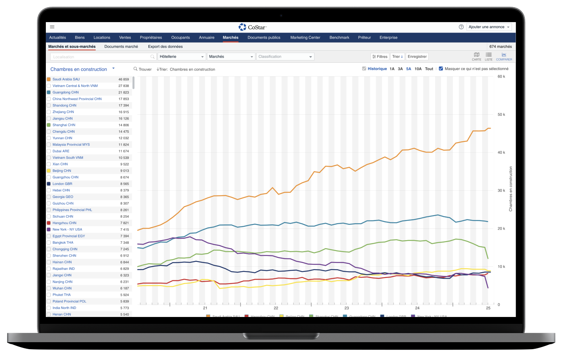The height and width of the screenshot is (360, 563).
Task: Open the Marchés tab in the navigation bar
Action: [230, 37]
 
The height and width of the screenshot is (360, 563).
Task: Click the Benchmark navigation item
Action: [339, 37]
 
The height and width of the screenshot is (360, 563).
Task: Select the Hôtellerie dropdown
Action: [181, 57]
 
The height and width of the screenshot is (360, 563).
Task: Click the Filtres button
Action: [380, 57]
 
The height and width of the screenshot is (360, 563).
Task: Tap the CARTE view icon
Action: [477, 56]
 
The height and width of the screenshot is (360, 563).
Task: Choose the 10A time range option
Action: [418, 69]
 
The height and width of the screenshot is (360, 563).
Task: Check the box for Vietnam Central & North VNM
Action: [49, 86]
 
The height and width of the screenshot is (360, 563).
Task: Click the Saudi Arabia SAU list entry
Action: [66, 79]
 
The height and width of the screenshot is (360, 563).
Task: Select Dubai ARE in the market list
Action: [61, 151]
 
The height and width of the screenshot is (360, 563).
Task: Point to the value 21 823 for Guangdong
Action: [123, 93]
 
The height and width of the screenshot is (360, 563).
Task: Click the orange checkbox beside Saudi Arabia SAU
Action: [49, 79]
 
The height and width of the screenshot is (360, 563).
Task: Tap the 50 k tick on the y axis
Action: [501, 115]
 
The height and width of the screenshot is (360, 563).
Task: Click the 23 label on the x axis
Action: [346, 308]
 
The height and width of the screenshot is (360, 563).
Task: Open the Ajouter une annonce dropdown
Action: [489, 27]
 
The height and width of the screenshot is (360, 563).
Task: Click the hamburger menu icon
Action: [52, 27]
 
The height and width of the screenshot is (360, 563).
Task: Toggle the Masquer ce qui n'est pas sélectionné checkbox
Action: [441, 69]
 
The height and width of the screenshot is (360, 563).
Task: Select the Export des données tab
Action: [165, 47]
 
